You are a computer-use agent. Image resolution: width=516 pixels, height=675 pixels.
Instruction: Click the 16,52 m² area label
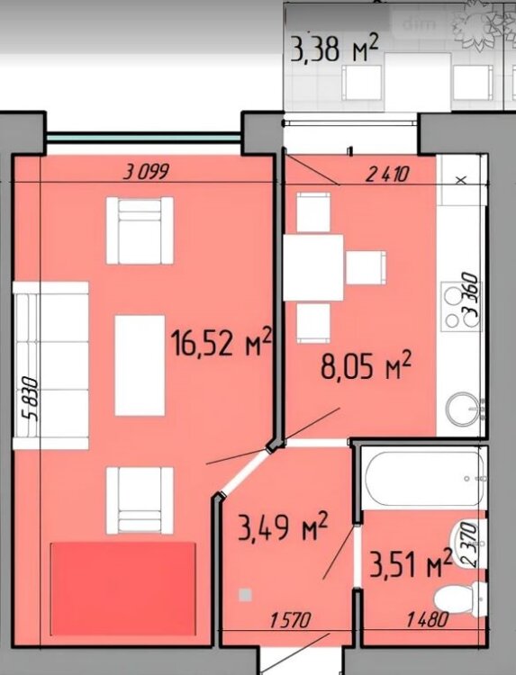coord(222,342)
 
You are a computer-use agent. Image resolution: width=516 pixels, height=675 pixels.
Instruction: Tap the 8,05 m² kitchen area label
coord(367,366)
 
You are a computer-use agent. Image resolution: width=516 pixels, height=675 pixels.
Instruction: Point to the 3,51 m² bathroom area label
coord(411,564)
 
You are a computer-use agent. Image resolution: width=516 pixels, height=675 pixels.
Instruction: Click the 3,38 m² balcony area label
coord(335,49)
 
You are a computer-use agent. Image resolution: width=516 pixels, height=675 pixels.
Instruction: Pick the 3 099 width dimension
coord(147,173)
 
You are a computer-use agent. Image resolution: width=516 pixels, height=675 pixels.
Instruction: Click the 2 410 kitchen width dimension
coord(386,175)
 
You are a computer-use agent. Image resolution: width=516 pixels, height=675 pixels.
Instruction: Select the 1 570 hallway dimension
coord(290,620)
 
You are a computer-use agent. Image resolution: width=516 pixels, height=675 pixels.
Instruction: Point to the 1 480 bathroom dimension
coord(428,620)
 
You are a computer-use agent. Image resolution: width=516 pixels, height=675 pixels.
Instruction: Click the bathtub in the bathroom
coord(424,478)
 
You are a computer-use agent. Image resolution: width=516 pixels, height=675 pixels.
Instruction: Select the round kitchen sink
coord(462,408)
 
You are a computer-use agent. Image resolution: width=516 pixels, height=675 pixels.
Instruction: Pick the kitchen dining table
coord(313,267)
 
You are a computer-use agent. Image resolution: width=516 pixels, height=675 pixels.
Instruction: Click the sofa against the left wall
coord(50,365)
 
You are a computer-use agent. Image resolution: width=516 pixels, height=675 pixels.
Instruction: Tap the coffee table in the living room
coord(140,365)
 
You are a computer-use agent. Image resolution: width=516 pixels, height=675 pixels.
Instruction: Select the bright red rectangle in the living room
coord(123,588)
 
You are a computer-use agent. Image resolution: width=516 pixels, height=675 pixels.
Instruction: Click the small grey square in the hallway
coord(245,595)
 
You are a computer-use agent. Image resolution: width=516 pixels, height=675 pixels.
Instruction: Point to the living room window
coord(143,138)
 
